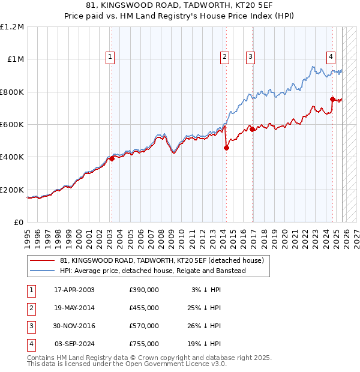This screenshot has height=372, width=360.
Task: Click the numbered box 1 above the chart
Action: tap(110, 57)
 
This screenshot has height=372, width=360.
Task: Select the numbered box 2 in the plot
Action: tap(224, 57)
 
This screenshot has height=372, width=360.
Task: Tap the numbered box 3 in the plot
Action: tap(250, 57)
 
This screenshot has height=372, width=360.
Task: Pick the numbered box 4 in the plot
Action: tap(331, 57)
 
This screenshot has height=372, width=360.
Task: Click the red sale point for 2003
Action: tap(112, 159)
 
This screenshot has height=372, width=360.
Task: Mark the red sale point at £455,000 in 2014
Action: tap(226, 148)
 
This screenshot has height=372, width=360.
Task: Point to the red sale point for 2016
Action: tap(253, 129)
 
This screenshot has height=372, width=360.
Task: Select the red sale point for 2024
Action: tap(332, 99)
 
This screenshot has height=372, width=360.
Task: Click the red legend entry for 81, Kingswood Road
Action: tap(162, 260)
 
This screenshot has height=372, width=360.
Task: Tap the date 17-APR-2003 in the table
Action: tap(74, 290)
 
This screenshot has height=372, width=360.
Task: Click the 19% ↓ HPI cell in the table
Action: tap(206, 344)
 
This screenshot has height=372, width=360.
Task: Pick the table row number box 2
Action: tap(31, 308)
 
